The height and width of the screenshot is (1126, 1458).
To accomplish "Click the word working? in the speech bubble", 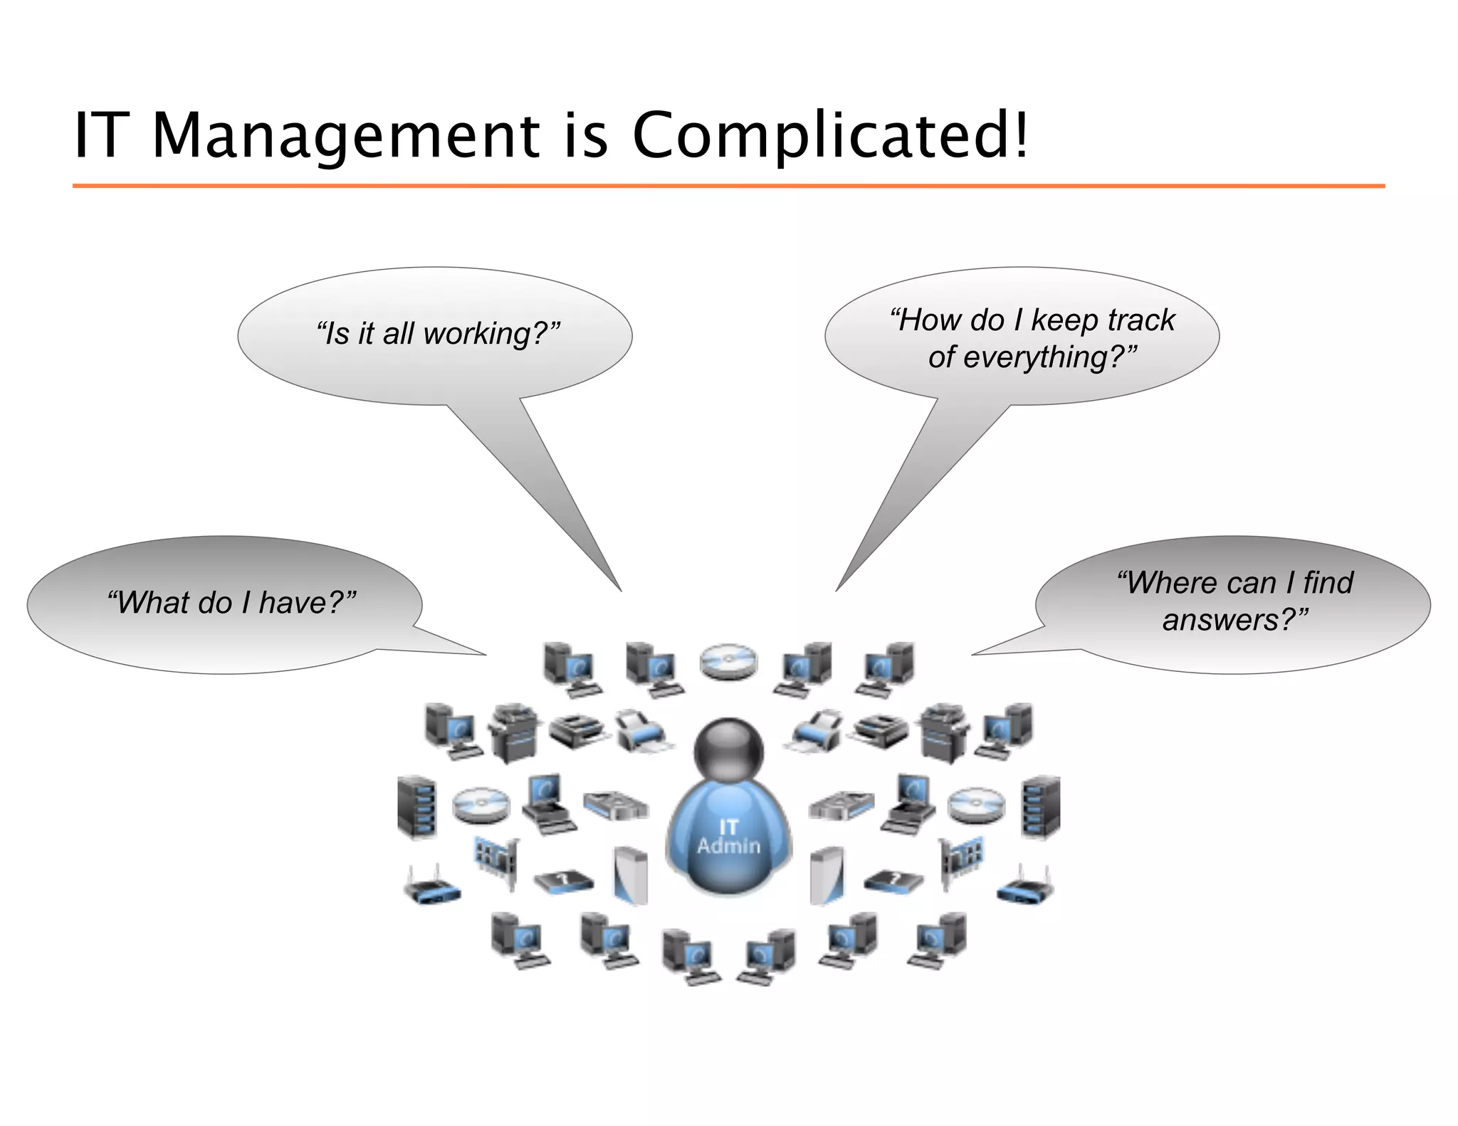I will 491,333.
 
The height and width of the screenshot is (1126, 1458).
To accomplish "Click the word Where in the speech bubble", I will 1168,583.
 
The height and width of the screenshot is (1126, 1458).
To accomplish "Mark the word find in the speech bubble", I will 1328,583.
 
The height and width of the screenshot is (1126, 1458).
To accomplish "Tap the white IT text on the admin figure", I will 728,826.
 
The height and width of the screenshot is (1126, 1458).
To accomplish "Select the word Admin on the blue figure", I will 728,846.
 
